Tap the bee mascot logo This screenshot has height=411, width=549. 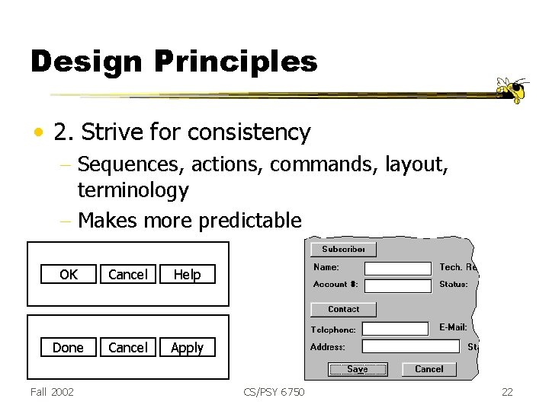[x=514, y=90]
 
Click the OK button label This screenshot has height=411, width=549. [x=69, y=275]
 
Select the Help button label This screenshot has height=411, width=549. [x=187, y=275]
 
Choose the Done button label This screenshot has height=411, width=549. [x=68, y=348]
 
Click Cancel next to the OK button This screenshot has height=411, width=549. [x=127, y=275]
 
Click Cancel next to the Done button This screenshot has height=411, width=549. [x=127, y=348]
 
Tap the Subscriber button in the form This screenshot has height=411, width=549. [x=343, y=249]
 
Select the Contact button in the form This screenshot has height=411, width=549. [x=343, y=309]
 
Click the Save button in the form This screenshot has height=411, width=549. [x=357, y=369]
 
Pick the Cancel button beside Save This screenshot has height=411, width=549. [x=429, y=369]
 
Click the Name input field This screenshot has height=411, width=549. [x=397, y=268]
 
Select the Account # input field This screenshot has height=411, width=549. [x=397, y=285]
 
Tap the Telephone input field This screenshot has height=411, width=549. [x=395, y=329]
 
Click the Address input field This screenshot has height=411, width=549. [x=410, y=347]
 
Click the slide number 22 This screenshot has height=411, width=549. [x=507, y=391]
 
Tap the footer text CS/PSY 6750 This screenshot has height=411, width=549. [x=274, y=391]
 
